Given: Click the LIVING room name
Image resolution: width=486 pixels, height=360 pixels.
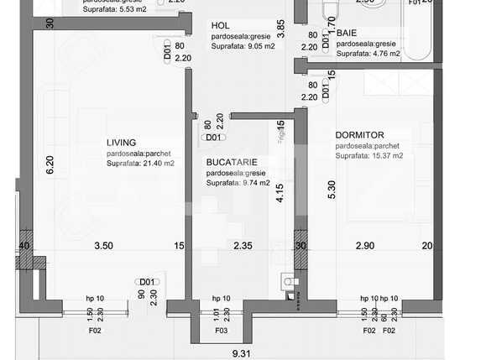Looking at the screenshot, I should pyautogui.click(x=122, y=143).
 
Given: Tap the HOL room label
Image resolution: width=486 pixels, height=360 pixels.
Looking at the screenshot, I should pyautogui.click(x=220, y=26).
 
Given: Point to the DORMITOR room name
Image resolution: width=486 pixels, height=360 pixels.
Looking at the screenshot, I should pyautogui.click(x=359, y=134).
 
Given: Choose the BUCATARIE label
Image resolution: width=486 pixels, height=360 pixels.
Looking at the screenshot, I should pyautogui.click(x=232, y=162).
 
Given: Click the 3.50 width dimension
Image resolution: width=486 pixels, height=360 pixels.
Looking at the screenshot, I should pyautogui.click(x=103, y=246).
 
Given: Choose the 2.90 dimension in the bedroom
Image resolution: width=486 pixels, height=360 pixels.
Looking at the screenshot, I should pyautogui.click(x=365, y=246).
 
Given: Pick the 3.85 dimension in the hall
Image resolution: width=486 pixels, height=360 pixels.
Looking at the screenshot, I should pyautogui.click(x=281, y=29).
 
